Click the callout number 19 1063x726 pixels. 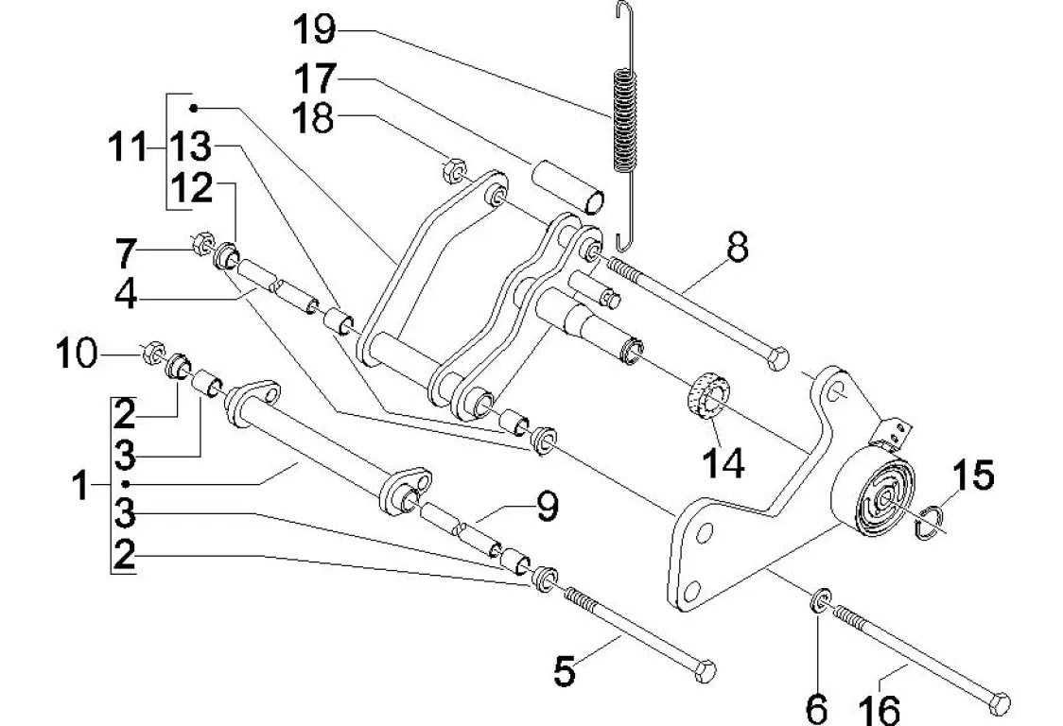pos(315,30)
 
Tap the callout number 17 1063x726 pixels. pos(315,78)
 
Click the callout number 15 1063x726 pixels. pos(973,475)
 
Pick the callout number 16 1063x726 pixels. pos(879,709)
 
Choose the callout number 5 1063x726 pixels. pos(564,672)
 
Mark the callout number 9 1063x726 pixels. pos(547,507)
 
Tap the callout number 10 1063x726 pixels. pos(77,354)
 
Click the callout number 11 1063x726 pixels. pos(128,147)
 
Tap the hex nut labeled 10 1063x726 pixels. pos(154,353)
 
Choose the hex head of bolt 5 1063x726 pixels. pos(706,670)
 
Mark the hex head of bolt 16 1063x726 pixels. pos(999,703)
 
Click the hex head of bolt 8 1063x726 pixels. pos(778,358)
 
